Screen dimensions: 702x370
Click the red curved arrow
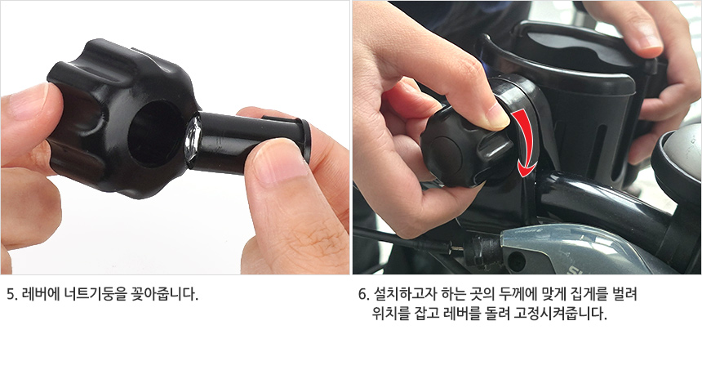tap(525, 141)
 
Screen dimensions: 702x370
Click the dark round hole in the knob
tap(155, 135)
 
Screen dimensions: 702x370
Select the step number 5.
tap(12, 294)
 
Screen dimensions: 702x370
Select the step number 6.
tap(362, 294)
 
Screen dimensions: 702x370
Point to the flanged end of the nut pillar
tap(305, 140)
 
